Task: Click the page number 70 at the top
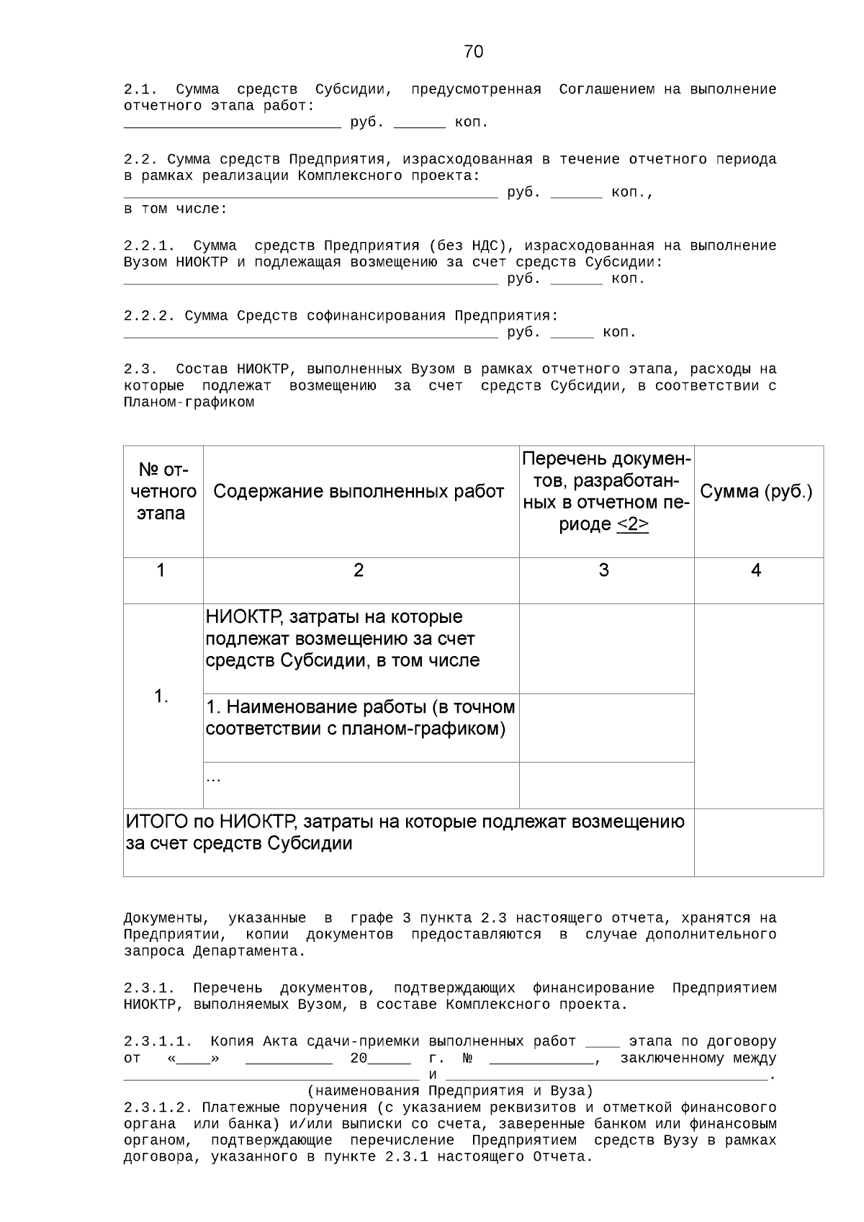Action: [474, 52]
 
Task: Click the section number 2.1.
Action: [140, 90]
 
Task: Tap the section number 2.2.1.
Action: [149, 246]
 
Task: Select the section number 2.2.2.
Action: [149, 316]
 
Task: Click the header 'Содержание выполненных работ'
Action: [359, 492]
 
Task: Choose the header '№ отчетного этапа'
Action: [161, 492]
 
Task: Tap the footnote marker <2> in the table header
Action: [632, 524]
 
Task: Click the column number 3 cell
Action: [603, 570]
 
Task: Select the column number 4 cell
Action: [756, 570]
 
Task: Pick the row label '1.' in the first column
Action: [161, 696]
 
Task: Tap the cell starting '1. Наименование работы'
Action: [360, 718]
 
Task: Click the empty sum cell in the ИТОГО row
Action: [758, 842]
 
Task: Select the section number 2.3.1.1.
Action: [158, 1042]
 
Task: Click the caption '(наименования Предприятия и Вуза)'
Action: [450, 1090]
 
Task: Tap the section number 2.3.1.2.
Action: [158, 1107]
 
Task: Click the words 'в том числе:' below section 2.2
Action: [175, 210]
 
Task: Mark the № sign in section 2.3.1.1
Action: [467, 1059]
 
